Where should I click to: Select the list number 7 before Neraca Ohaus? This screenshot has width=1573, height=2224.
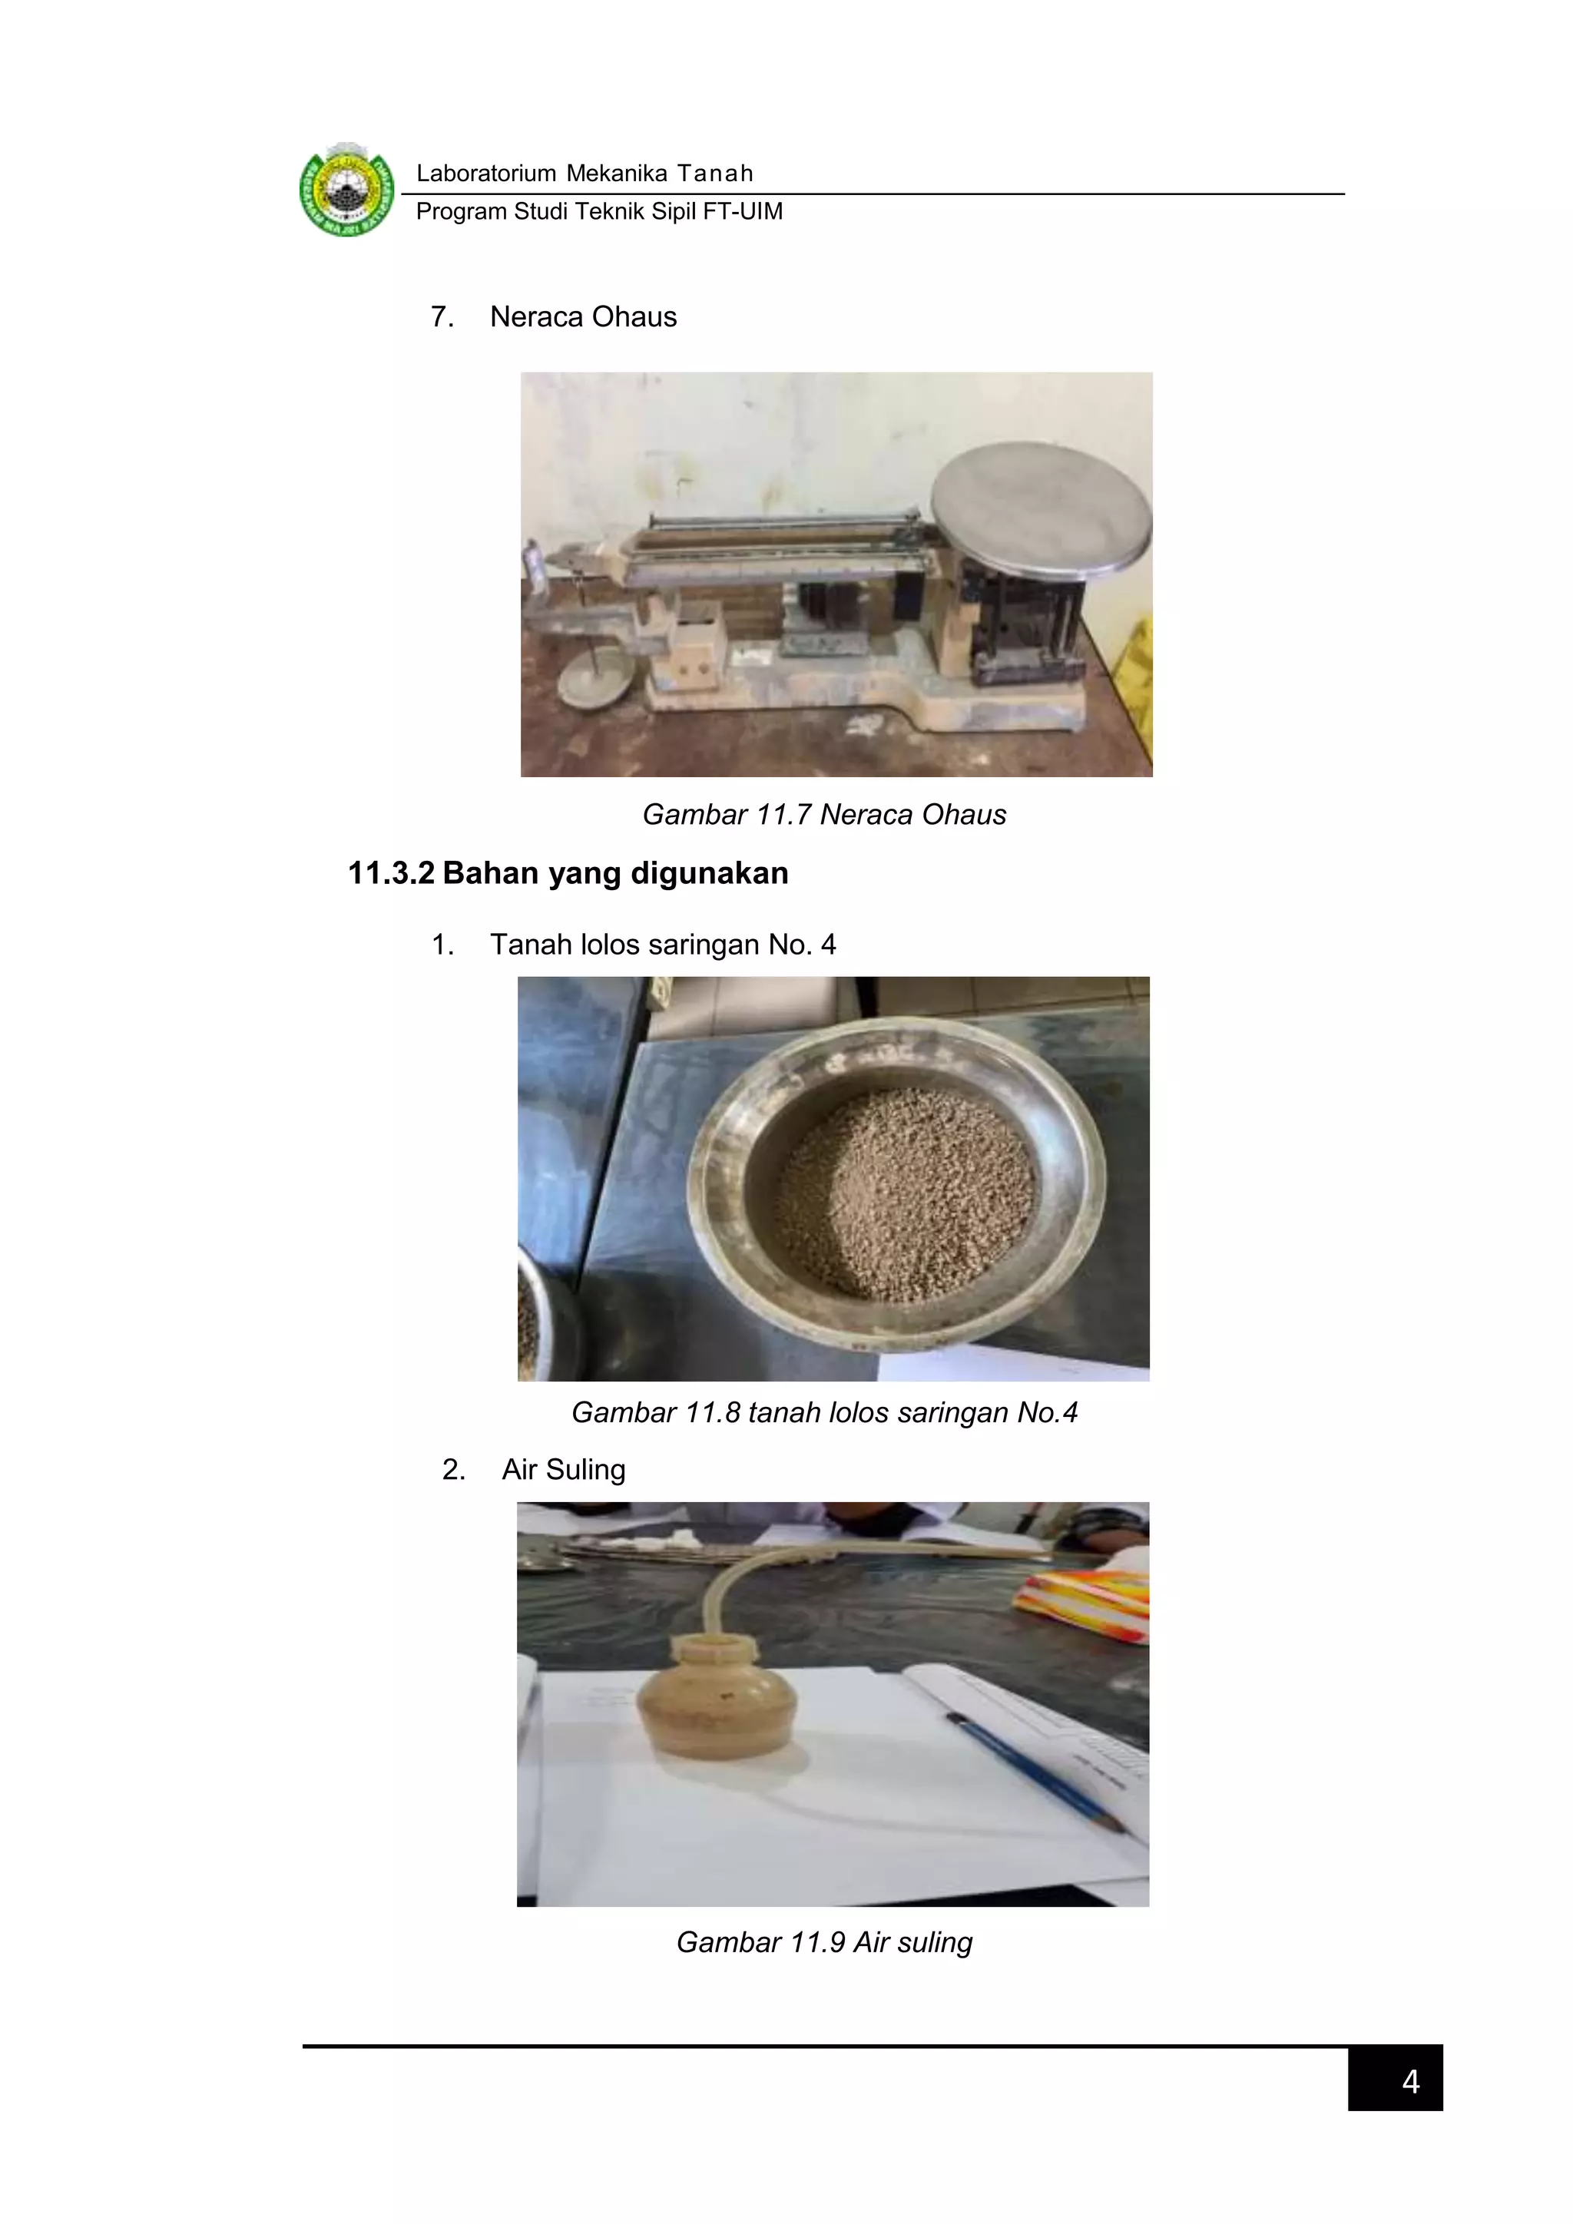(442, 316)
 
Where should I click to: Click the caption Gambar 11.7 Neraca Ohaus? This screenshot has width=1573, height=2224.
(823, 815)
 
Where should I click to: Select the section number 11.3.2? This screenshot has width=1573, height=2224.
(390, 872)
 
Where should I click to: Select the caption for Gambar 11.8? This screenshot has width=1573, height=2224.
(823, 1412)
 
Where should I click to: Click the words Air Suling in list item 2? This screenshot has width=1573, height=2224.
(563, 1469)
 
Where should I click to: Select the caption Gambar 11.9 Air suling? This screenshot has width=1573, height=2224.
(823, 1942)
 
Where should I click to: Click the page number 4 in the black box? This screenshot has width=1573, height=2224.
(1409, 2082)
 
